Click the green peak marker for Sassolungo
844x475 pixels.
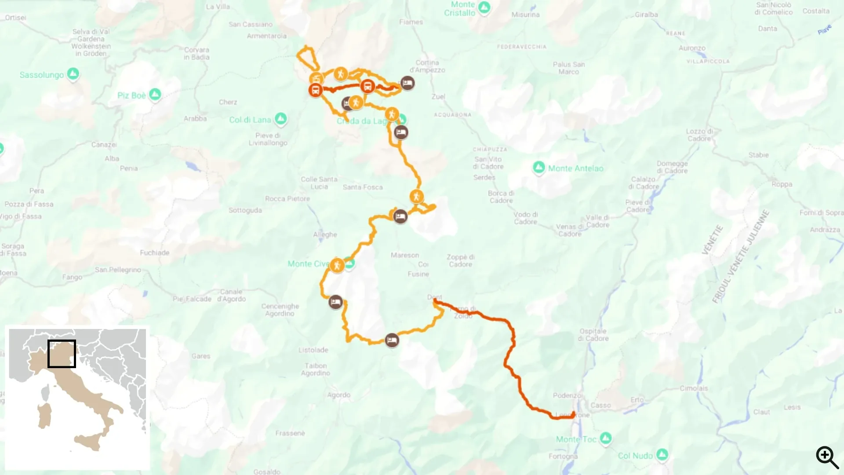(73, 74)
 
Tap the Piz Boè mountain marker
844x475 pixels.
(155, 94)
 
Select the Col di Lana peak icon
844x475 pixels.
(280, 118)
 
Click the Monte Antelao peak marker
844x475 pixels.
(539, 167)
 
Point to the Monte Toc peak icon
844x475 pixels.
(606, 438)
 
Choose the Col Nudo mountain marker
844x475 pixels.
(662, 454)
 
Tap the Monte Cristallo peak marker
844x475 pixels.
(484, 7)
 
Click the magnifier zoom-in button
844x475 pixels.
(827, 457)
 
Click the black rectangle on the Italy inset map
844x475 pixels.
(62, 354)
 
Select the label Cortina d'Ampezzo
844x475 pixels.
(427, 66)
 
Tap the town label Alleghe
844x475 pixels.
(325, 234)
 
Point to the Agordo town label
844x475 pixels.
(338, 395)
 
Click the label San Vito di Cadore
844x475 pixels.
(488, 163)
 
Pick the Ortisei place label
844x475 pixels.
(16, 18)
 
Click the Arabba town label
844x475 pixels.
(195, 118)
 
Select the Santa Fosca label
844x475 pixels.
(363, 187)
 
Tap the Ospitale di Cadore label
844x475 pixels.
(593, 335)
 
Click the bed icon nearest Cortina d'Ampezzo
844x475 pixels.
(407, 83)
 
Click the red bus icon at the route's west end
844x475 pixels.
(315, 90)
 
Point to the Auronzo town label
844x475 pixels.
(692, 48)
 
